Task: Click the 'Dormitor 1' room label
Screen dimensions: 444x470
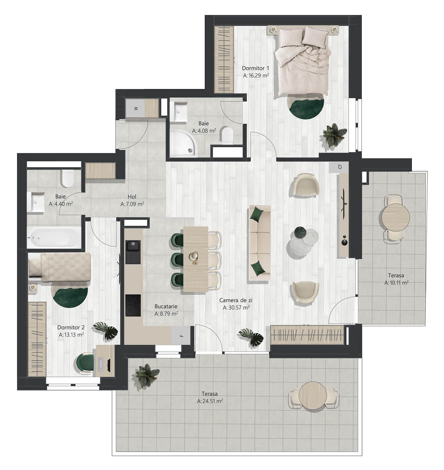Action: coord(256,68)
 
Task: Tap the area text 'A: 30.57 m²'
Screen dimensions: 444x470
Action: coord(236,308)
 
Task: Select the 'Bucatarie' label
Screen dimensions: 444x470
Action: coord(166,306)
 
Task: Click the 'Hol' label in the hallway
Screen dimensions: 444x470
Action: coord(132,197)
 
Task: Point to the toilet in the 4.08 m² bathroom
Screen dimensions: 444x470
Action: coord(227,135)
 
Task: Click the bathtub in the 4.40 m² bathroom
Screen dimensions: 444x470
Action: coord(54,238)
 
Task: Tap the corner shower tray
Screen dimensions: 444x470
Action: coord(183,143)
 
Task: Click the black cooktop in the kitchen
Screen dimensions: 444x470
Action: coord(133,305)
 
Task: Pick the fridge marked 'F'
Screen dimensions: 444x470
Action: coord(181,335)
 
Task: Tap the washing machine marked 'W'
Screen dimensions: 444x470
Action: coord(136,108)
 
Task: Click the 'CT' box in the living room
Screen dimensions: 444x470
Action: coord(339,167)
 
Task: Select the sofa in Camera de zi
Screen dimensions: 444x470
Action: coord(259,243)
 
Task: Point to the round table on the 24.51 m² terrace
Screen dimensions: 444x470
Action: coord(313,395)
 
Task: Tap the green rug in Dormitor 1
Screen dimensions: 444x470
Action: coord(306,107)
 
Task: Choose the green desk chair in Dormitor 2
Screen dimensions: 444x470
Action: coord(85,363)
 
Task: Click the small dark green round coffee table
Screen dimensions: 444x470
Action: coord(300,232)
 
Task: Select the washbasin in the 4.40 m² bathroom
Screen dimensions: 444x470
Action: coord(36,202)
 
